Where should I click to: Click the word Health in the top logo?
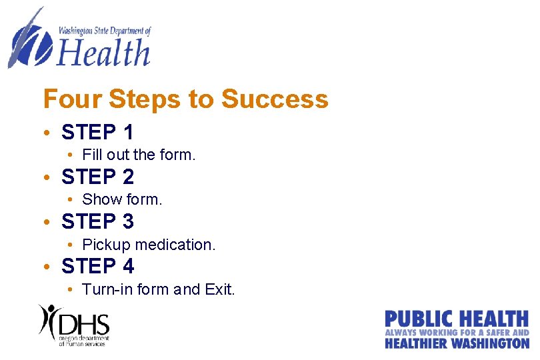103,52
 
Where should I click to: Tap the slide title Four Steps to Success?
185,99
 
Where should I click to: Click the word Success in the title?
275,99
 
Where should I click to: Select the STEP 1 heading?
97,132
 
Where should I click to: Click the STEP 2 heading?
97,177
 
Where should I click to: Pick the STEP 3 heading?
97,221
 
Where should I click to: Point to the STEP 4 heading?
97,266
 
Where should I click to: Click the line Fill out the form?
139,155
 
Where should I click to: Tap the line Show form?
122,199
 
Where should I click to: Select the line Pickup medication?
149,245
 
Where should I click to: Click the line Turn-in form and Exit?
159,289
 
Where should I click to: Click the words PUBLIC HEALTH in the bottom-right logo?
457,319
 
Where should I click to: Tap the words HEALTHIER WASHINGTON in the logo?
457,343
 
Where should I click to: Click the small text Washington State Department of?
105,31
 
